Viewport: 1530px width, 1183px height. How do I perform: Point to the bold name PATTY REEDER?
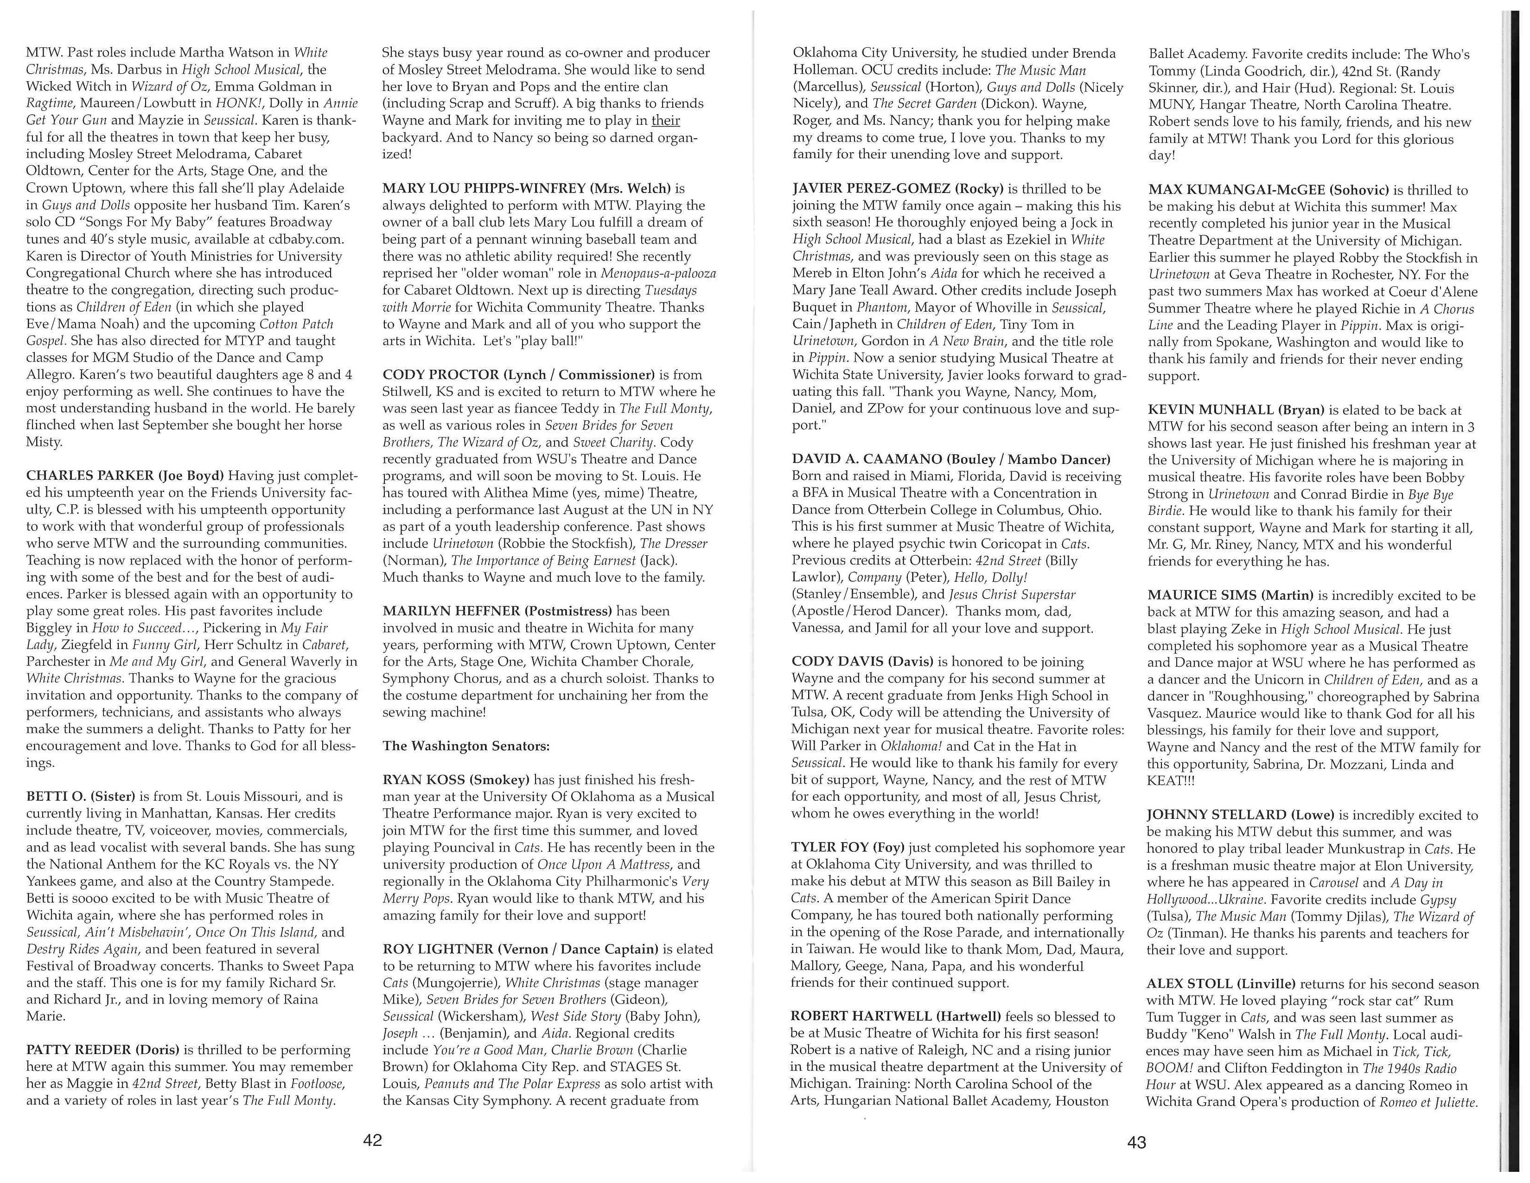79,1050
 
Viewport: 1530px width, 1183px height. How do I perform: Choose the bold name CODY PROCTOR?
440,375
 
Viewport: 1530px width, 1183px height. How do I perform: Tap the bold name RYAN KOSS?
422,780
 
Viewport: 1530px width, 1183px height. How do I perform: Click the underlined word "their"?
665,121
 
